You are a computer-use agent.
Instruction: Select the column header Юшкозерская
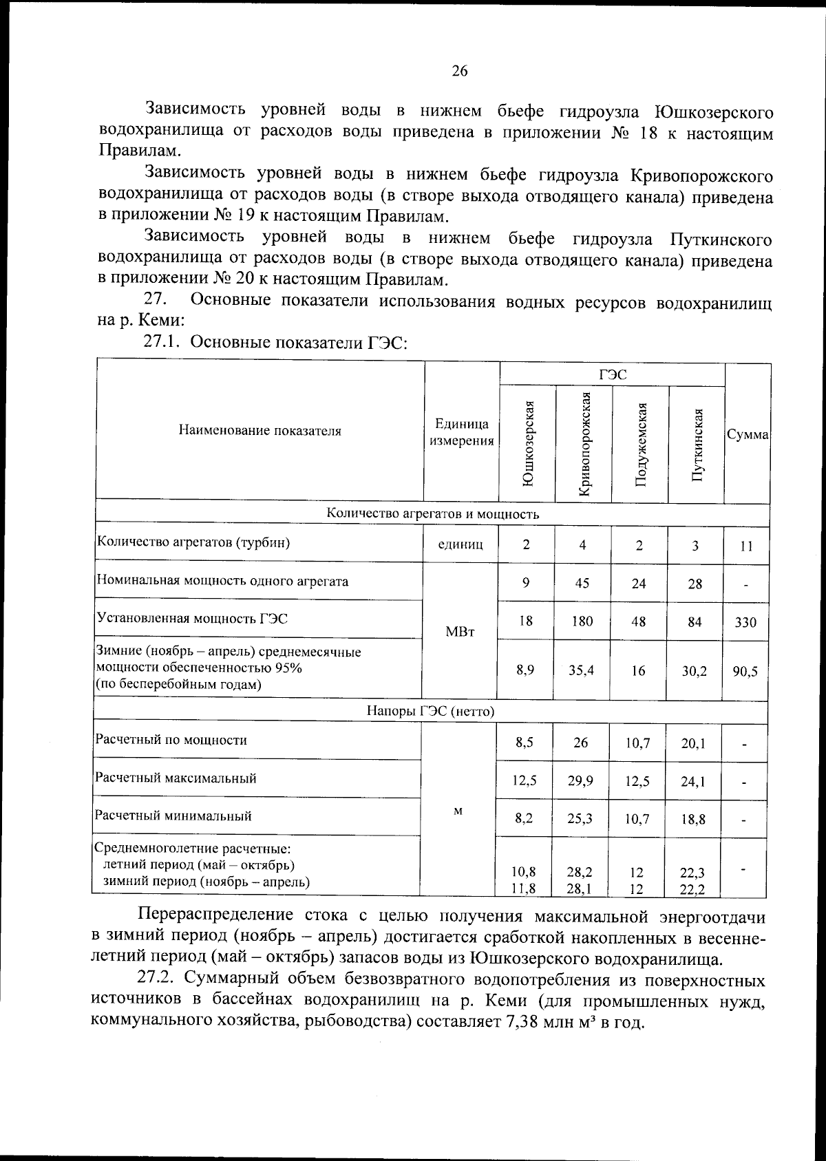[528, 444]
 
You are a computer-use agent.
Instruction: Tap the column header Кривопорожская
[584, 444]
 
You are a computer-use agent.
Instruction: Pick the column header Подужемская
[640, 444]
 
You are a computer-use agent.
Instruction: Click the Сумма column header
[748, 436]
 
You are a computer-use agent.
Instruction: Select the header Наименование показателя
[260, 432]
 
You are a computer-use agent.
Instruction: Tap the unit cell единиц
[460, 545]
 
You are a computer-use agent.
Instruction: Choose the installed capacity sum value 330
[745, 623]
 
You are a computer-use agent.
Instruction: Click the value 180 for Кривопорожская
[582, 621]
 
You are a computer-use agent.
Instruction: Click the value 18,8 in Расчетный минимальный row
[692, 820]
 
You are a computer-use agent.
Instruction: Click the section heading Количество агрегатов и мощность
[432, 514]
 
